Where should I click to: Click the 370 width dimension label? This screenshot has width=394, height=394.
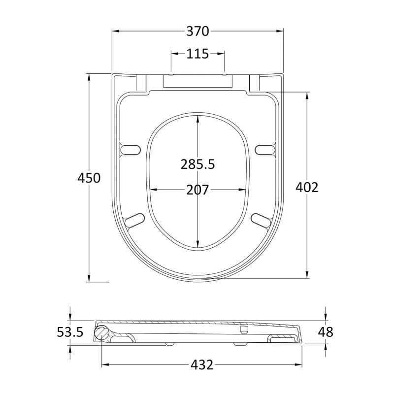[197, 32]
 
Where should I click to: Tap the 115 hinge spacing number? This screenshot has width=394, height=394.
[197, 54]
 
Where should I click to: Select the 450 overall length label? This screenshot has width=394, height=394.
[89, 178]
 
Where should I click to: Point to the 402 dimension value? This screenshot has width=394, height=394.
[307, 187]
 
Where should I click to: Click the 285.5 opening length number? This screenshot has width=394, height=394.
[198, 164]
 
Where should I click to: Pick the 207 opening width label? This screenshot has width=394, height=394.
[197, 190]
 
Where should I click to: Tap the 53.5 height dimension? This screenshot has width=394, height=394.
[70, 332]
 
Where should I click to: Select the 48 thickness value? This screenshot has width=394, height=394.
[326, 332]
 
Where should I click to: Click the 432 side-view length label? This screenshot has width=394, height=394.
[202, 365]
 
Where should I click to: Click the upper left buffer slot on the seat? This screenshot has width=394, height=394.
[131, 150]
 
